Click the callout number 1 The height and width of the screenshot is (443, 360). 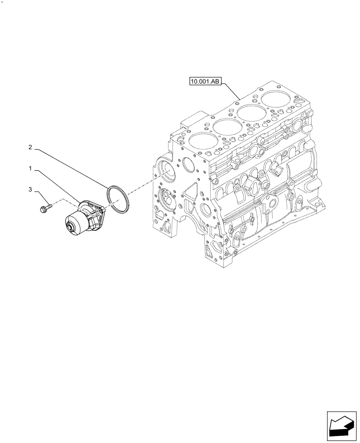pyautogui.click(x=30, y=169)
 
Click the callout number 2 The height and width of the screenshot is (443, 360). pyautogui.click(x=30, y=147)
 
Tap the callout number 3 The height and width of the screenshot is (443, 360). pyautogui.click(x=30, y=190)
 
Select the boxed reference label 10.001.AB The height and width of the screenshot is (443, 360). pyautogui.click(x=206, y=82)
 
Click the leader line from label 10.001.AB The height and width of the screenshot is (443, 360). pyautogui.click(x=231, y=91)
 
